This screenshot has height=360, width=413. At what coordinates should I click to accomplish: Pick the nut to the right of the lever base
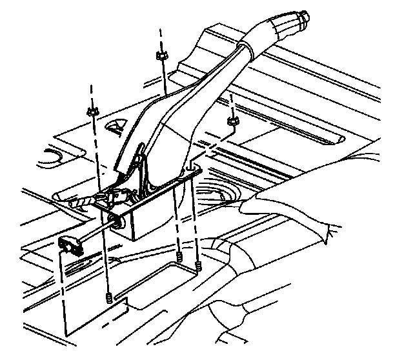coord(232,119)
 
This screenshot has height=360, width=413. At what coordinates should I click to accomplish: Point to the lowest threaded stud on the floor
coord(109,297)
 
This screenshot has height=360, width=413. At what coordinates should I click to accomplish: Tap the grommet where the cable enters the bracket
coord(119,221)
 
